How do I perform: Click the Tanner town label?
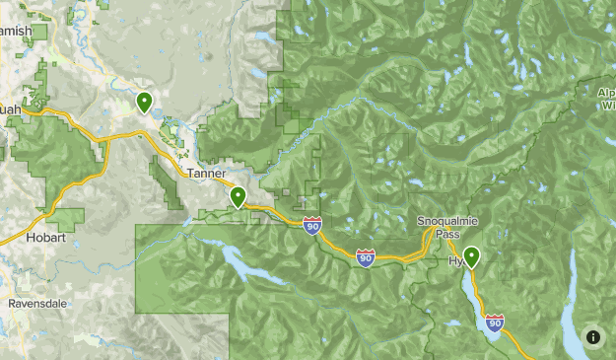(205, 174)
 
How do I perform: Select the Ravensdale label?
(37, 304)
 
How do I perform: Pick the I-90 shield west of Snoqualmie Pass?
(365, 257)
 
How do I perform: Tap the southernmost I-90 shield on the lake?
(495, 322)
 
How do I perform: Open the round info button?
(593, 337)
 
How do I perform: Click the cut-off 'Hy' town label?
(454, 260)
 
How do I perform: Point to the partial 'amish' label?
(17, 32)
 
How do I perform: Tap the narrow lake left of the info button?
(573, 306)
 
